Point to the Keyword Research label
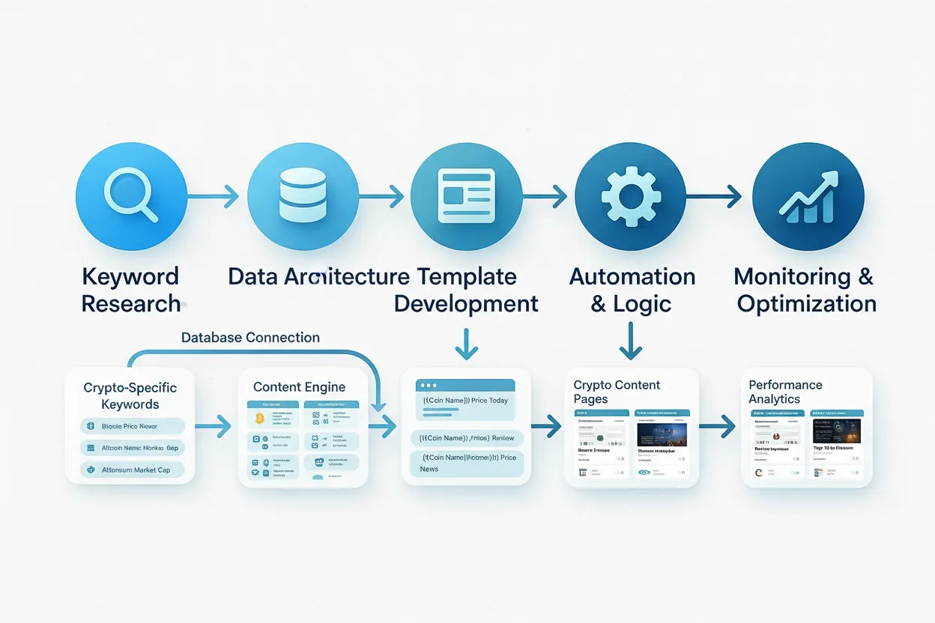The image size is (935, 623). click(x=131, y=290)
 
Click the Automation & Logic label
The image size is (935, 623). click(x=632, y=290)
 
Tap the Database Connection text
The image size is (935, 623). click(x=250, y=338)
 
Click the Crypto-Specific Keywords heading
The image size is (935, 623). click(x=130, y=396)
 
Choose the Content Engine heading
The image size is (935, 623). click(x=299, y=387)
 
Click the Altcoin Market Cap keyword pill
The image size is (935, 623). click(x=133, y=470)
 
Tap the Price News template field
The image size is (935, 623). click(x=465, y=463)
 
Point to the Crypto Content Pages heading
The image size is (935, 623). click(x=617, y=392)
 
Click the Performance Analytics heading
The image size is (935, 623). click(x=785, y=392)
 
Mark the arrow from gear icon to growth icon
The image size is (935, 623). click(x=714, y=197)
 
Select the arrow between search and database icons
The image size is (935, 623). click(x=213, y=197)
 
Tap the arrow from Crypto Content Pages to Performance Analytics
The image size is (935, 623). click(x=718, y=428)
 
